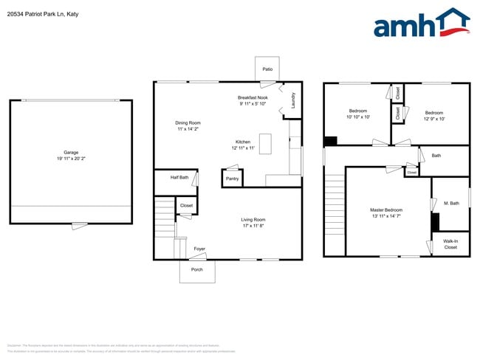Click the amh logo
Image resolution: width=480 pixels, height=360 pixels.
[x=421, y=24]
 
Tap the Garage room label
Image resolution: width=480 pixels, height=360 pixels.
[x=71, y=153]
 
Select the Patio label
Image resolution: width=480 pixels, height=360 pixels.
[x=267, y=70]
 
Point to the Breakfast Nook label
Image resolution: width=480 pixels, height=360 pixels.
[x=253, y=97]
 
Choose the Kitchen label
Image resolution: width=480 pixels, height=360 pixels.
[x=243, y=142]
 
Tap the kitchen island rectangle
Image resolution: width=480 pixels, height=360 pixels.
[x=266, y=143]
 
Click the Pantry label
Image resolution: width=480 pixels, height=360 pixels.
[x=232, y=179]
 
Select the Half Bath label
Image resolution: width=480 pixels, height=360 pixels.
[x=179, y=177]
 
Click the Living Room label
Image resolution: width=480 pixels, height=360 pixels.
[x=253, y=219]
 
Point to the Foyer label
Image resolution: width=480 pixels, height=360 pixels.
[x=199, y=249]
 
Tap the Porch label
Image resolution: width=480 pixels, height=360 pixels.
[x=197, y=270]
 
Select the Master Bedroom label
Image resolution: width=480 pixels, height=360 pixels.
[x=386, y=210]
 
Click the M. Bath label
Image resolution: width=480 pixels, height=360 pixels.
[x=451, y=203]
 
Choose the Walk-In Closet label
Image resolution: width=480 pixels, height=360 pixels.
[x=450, y=244]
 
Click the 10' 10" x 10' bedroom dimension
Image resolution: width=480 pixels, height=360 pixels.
[x=358, y=117]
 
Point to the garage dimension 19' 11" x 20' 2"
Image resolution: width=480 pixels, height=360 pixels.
[x=71, y=159]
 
